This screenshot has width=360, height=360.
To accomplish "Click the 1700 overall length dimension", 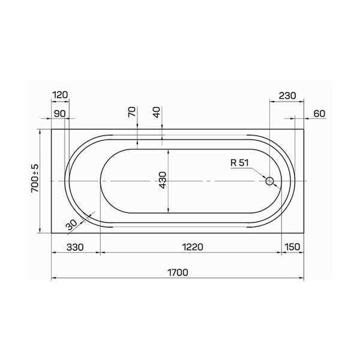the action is pos(178,272).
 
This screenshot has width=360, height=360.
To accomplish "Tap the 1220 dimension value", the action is pos(193,247).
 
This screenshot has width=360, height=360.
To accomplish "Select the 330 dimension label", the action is pos(75,247).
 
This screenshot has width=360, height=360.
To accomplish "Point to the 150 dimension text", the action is pos(292,247).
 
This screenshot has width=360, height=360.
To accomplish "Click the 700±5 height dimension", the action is pos(35,178).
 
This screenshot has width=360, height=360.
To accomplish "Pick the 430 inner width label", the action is pos(163,180).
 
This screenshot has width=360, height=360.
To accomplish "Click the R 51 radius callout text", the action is pos(239,163).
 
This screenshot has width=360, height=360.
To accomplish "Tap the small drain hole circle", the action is pos(269,181).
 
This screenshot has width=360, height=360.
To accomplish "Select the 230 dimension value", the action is pos(287,96).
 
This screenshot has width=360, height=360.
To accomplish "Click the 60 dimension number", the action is pos(319,113).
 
